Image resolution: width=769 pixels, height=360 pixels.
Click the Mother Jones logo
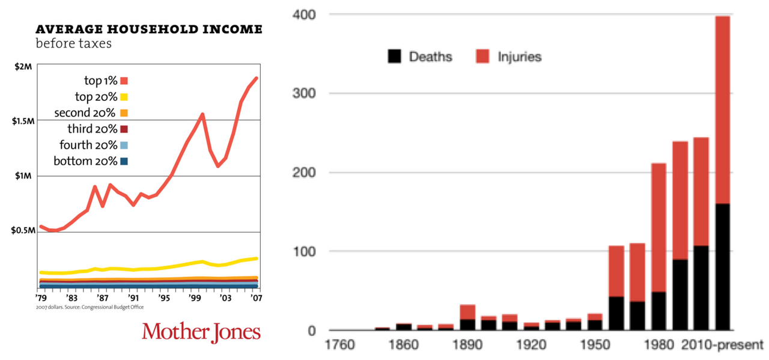pyautogui.click(x=201, y=332)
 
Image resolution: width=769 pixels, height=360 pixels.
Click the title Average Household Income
pyautogui.click(x=149, y=29)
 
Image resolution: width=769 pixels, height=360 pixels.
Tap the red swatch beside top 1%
pyautogui.click(x=124, y=81)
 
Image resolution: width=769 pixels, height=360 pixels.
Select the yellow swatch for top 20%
pyautogui.click(x=124, y=97)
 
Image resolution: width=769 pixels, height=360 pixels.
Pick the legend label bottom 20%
pyautogui.click(x=85, y=161)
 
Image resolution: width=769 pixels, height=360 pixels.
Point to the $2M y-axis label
pyautogui.click(x=23, y=67)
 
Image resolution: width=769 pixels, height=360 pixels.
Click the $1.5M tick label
pyautogui.click(x=22, y=121)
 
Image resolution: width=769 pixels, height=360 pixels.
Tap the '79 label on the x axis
pyautogui.click(x=41, y=297)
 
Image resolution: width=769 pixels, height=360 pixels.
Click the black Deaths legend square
pyautogui.click(x=394, y=57)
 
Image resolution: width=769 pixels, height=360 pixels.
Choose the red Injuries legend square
pyautogui.click(x=482, y=57)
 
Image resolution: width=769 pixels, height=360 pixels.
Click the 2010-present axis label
pyautogui.click(x=722, y=346)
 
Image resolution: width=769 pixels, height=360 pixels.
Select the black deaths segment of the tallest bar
pyautogui.click(x=722, y=267)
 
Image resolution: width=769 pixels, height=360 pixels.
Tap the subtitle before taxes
pyautogui.click(x=74, y=44)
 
